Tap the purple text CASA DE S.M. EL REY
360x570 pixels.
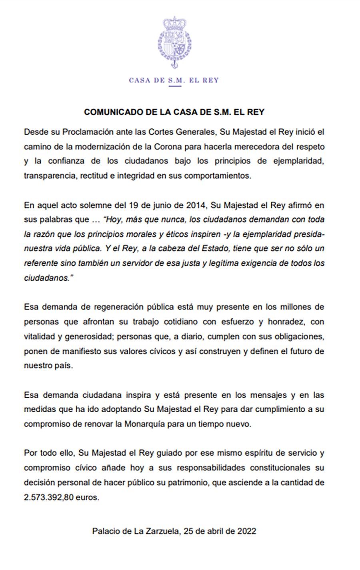click(174, 80)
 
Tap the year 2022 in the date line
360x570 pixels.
click(246, 532)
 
